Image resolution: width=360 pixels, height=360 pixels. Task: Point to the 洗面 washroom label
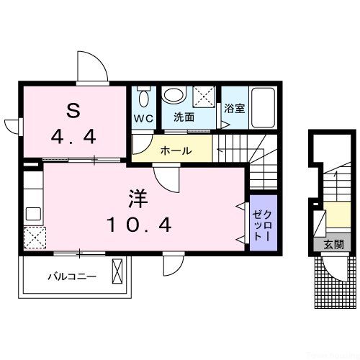click(184, 116)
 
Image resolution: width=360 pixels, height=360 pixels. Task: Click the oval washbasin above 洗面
click(173, 94)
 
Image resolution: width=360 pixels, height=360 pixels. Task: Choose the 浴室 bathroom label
click(233, 109)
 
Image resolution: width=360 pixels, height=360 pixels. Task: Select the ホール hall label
click(175, 151)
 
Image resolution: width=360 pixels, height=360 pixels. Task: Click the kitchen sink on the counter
click(33, 213)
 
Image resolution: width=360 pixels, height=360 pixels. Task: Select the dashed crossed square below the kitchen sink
click(34, 237)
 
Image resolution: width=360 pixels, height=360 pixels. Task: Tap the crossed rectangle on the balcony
click(118, 274)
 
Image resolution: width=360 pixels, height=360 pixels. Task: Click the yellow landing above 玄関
click(336, 216)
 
